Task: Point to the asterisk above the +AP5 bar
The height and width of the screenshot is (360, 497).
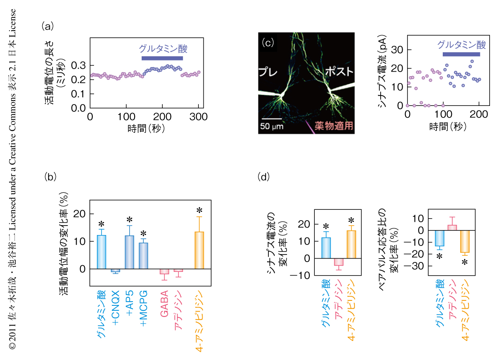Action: [130, 220]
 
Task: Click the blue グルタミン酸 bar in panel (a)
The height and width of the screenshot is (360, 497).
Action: [162, 58]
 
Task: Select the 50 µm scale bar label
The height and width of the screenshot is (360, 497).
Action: [271, 126]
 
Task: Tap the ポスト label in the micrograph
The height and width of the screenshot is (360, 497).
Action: [339, 71]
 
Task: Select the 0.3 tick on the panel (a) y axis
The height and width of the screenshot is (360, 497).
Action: [77, 65]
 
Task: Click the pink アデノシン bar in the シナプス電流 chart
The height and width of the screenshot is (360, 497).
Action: [339, 262]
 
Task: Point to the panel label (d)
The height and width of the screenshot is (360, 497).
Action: [263, 177]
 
